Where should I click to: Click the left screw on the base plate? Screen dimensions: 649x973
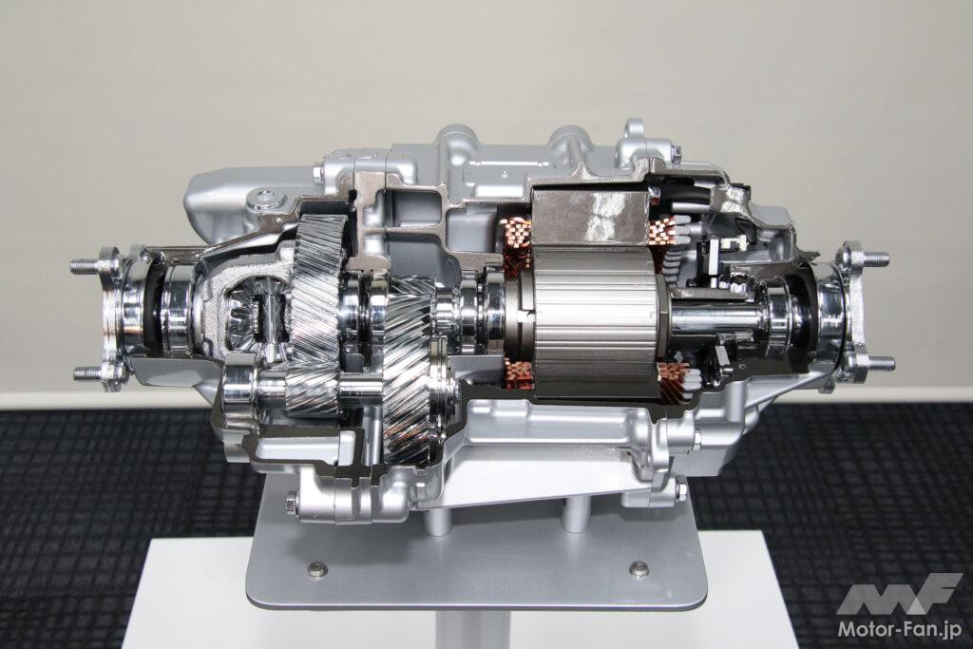pyautogui.click(x=317, y=569)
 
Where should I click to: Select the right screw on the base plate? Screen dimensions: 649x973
pyautogui.click(x=639, y=569)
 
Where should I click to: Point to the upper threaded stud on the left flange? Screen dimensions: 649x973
pyautogui.click(x=86, y=267)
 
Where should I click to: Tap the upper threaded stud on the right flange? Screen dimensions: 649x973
pyautogui.click(x=872, y=258)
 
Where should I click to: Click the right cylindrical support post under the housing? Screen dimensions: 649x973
pyautogui.click(x=576, y=513)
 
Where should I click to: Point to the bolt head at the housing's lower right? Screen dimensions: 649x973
pyautogui.click(x=681, y=491)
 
